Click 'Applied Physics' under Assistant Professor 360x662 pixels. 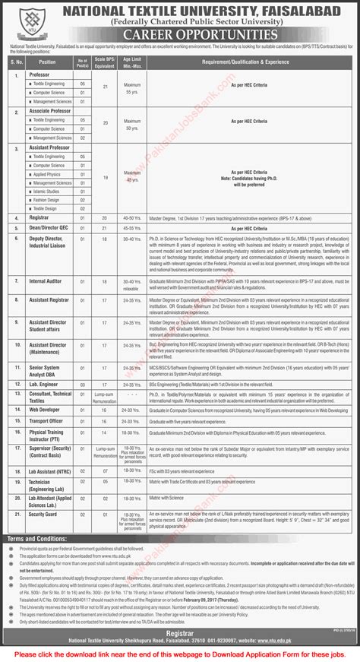(x=45, y=174)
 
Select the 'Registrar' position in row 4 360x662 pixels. (x=38, y=217)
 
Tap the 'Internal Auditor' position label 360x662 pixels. (x=46, y=280)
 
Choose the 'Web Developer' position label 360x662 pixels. (x=44, y=408)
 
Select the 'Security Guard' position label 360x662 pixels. (x=45, y=515)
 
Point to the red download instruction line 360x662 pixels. (x=180, y=654)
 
